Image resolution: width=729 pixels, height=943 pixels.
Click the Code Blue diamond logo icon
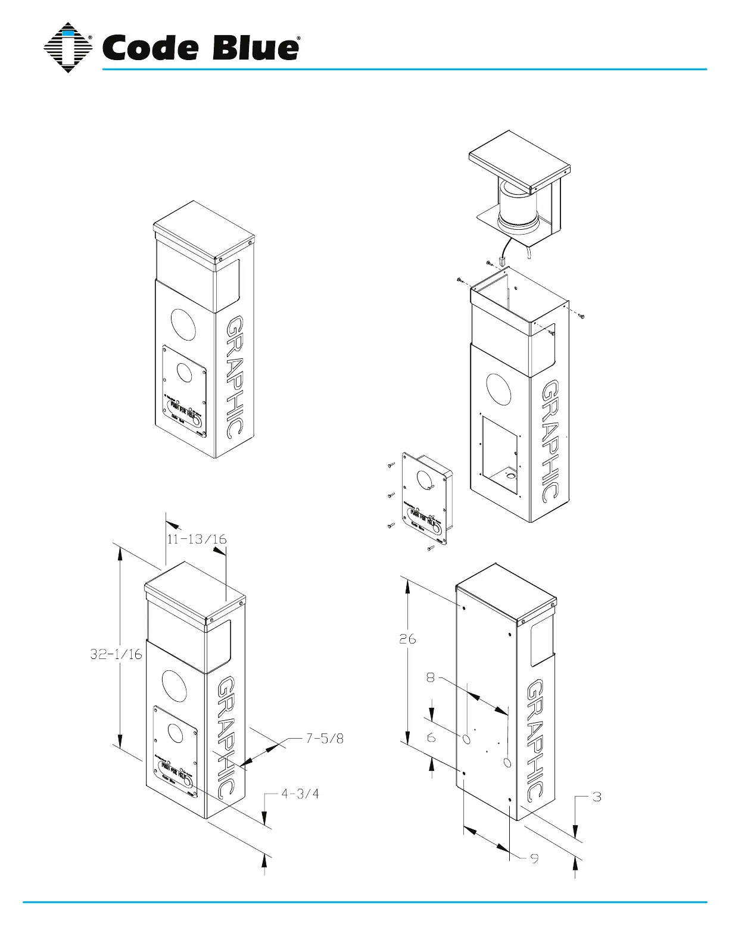point(68,48)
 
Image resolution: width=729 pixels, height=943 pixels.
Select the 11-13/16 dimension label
point(197,539)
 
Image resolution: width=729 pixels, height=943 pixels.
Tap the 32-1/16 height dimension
point(116,654)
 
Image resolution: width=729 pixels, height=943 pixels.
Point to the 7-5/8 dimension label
point(325,739)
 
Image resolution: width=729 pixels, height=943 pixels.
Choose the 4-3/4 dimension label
point(300,794)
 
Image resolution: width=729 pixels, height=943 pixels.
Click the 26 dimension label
point(407,639)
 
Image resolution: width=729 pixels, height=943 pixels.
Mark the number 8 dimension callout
point(431,677)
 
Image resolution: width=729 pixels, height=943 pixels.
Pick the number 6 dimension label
point(431,738)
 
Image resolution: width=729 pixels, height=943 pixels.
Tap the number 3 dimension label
point(597,797)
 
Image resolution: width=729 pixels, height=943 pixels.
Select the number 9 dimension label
point(534,858)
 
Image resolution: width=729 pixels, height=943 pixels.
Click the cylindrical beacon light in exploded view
point(518,205)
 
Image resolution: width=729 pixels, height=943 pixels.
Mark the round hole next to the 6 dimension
point(466,739)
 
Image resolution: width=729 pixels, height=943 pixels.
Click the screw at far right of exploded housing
point(582,316)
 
